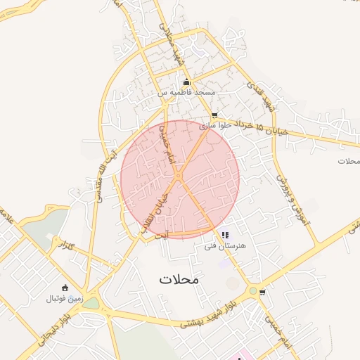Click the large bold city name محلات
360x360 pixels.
click(179, 278)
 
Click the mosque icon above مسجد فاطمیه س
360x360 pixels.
click(186, 82)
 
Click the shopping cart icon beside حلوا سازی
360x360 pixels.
click(214, 115)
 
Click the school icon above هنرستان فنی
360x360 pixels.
click(224, 235)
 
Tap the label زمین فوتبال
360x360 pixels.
click(65, 298)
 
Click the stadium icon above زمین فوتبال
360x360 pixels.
click(65, 288)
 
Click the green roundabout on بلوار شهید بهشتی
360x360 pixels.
click(252, 290)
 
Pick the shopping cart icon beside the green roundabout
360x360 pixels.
click(262, 292)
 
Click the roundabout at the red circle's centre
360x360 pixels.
click(179, 176)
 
